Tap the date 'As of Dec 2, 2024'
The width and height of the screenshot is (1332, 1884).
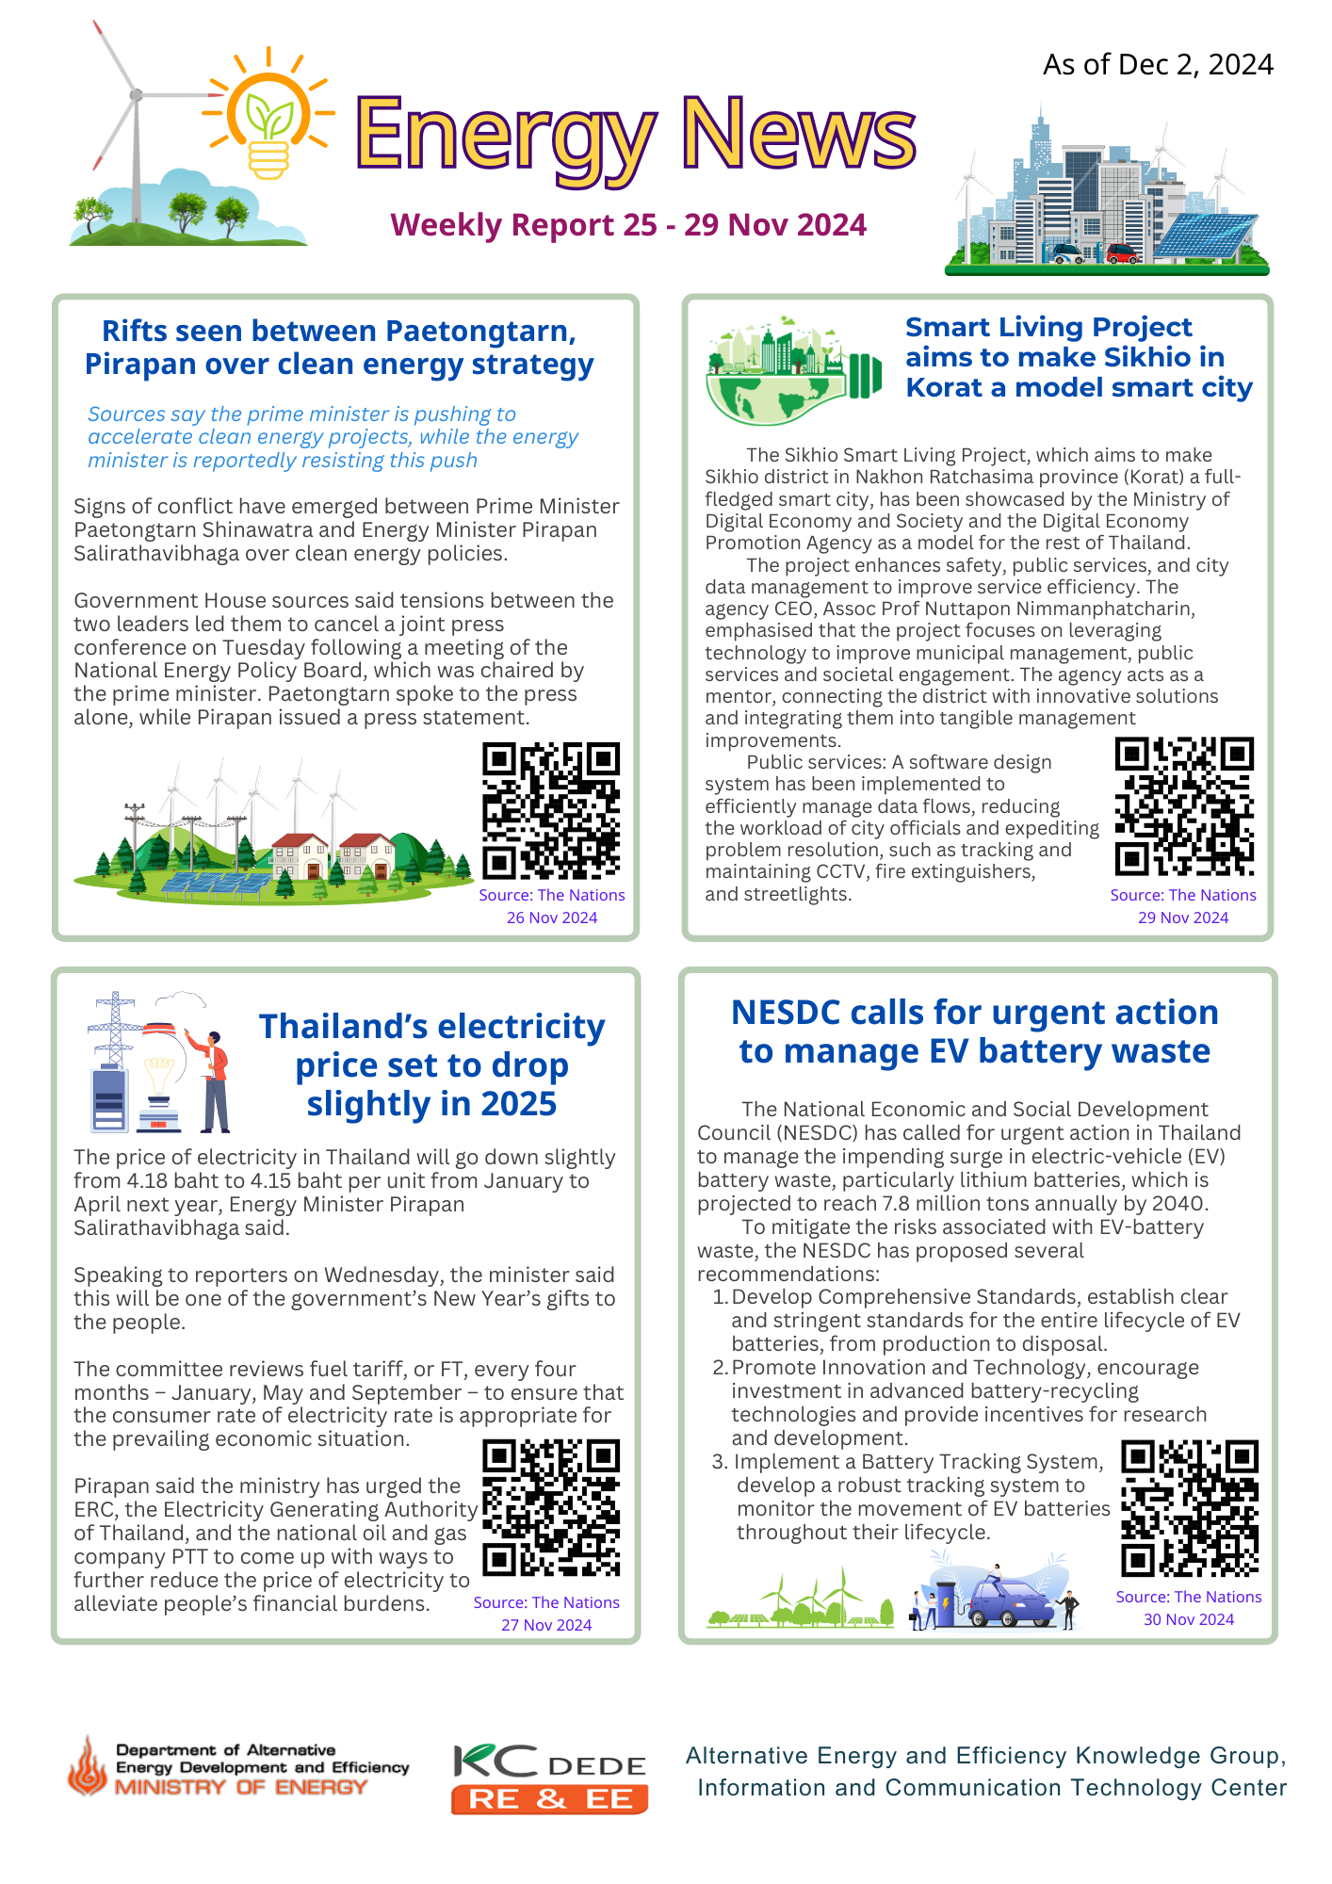tap(1158, 64)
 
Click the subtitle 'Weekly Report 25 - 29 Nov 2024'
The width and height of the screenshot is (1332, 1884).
tap(628, 225)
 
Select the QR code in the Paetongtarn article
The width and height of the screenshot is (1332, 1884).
tap(551, 811)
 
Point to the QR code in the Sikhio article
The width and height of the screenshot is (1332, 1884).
tap(1184, 806)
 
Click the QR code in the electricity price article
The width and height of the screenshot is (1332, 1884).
tap(551, 1508)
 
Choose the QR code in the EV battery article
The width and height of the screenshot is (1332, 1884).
tap(1190, 1508)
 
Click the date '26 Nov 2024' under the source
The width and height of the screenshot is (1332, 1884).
tap(552, 918)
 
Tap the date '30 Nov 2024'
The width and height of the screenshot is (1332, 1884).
tap(1189, 1619)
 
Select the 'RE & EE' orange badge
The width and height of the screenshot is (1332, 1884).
tap(550, 1798)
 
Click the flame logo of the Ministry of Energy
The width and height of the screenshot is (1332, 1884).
tap(88, 1767)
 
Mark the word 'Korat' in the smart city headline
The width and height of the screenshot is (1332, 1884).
tap(944, 387)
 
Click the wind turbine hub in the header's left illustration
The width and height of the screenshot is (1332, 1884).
tap(137, 95)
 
